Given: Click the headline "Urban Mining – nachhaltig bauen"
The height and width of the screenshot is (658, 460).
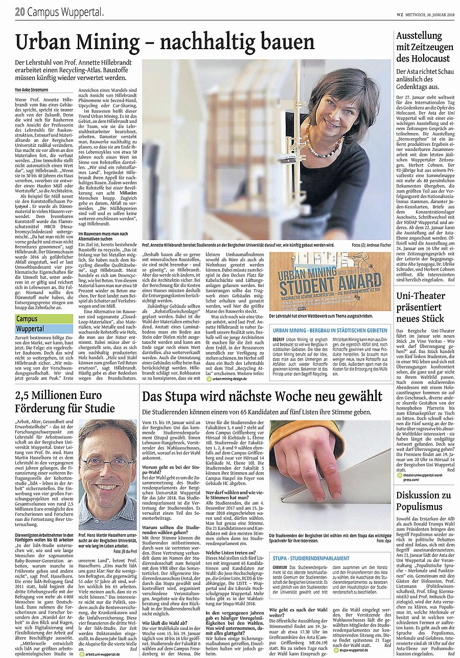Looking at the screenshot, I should [165, 42].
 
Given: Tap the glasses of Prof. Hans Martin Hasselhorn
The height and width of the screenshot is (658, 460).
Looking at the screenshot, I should [108, 451].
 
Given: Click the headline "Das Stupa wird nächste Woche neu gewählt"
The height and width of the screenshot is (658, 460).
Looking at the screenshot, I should [262, 397].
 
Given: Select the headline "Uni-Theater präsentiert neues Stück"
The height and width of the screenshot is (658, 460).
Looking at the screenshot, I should [420, 307].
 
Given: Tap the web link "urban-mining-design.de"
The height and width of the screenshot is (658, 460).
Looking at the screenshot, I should [237, 379].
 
